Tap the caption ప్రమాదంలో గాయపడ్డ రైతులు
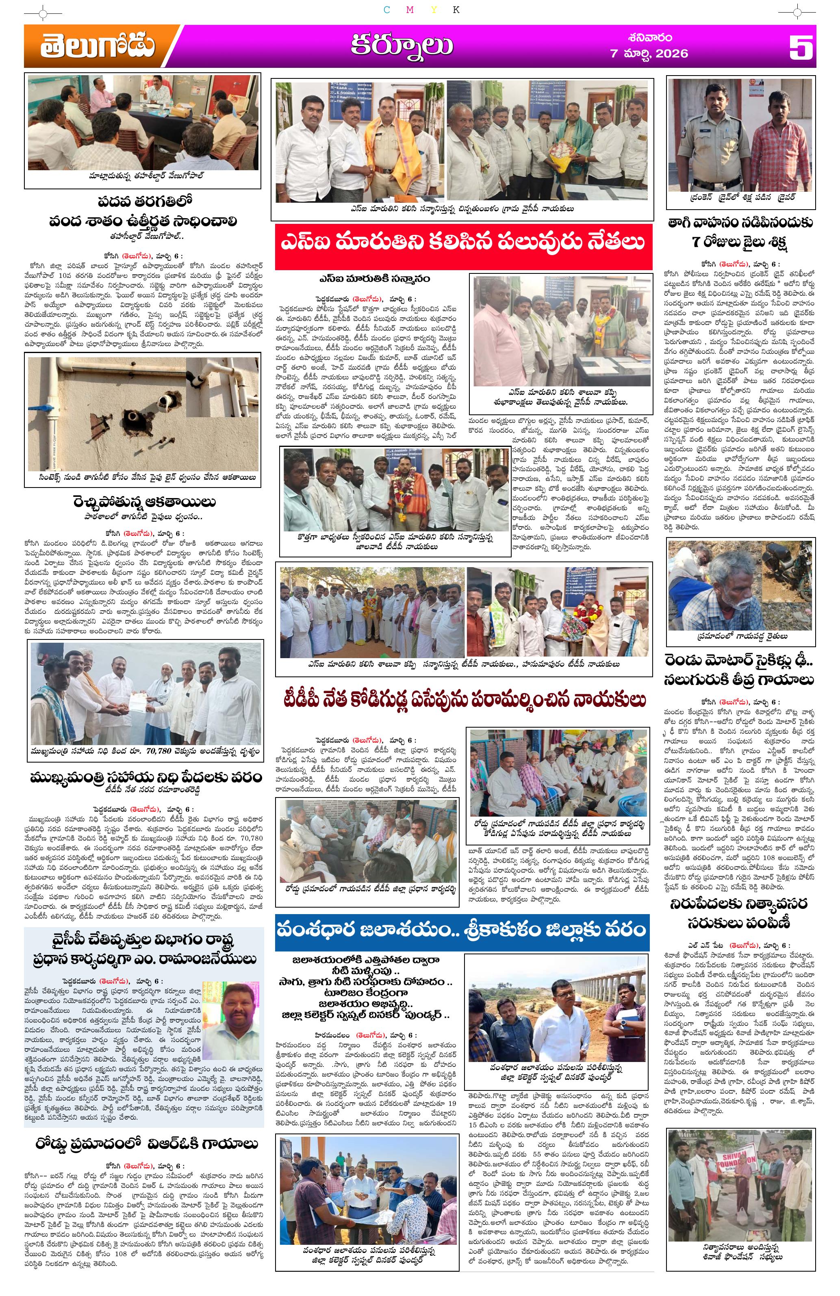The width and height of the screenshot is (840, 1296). (x=740, y=635)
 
